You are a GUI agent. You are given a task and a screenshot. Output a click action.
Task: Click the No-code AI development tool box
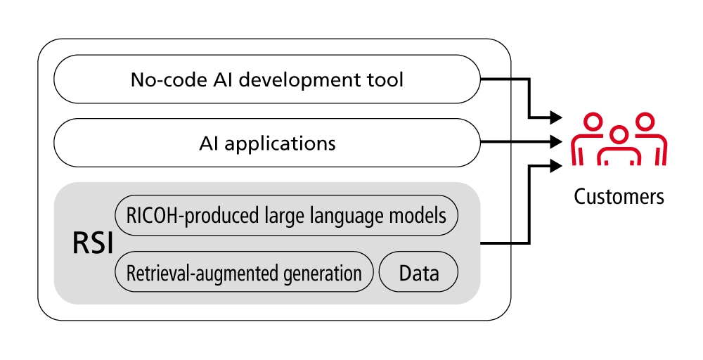[267, 79]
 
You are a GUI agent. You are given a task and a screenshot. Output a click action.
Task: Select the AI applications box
[267, 143]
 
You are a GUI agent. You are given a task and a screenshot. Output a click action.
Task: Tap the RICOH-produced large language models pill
[286, 214]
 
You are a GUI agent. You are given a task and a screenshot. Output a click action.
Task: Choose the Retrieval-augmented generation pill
[244, 273]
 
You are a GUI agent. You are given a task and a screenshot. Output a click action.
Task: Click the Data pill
[419, 273]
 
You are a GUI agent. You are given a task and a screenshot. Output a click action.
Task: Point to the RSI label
[91, 243]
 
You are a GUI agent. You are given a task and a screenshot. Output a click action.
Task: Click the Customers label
[619, 196]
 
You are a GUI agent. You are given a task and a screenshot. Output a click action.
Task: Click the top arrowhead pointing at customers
[557, 116]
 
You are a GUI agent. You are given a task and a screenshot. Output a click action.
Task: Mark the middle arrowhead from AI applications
[557, 141]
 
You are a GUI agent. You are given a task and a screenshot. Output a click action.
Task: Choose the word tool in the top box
[389, 79]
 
